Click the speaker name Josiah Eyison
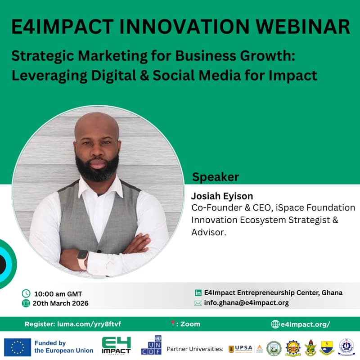point(222,196)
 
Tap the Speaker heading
point(216,177)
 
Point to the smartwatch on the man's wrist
point(83,260)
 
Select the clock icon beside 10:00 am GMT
point(26,293)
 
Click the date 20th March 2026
point(60,303)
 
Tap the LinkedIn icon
point(198,292)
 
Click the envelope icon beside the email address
point(198,303)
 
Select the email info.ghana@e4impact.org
point(246,303)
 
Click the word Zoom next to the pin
point(190,324)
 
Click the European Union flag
point(18,347)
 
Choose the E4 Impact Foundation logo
point(116,346)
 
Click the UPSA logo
point(241,348)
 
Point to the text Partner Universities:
point(195,349)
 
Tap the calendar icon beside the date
point(26,303)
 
